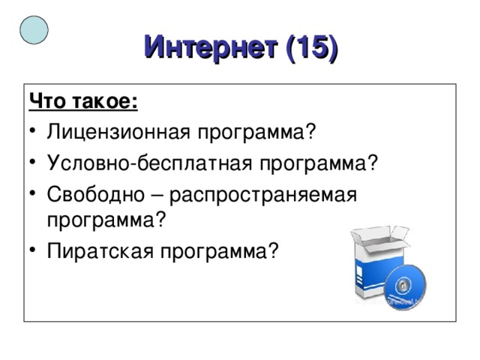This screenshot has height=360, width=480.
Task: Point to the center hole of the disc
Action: (x=403, y=286)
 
